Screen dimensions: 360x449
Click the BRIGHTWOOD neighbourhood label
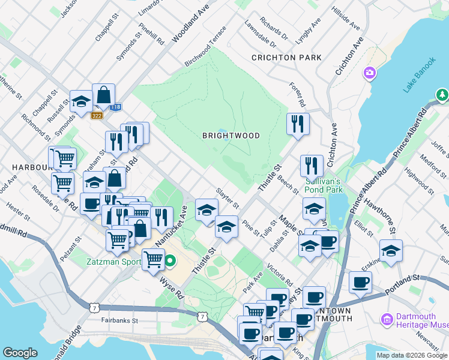(x=231, y=136)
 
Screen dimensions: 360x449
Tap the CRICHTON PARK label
(x=286, y=58)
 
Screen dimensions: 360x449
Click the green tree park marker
(x=442, y=95)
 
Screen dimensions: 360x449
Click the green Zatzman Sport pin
(x=170, y=261)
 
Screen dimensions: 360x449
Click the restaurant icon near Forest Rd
(x=298, y=124)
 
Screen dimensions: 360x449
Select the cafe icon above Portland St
(x=360, y=282)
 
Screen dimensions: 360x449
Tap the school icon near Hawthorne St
(x=391, y=251)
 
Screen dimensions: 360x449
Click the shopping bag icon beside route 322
(x=103, y=94)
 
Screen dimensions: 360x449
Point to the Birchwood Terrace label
(x=206, y=46)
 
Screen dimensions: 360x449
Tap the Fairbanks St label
(x=119, y=320)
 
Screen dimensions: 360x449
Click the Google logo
(x=20, y=353)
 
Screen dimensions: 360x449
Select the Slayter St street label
(x=228, y=197)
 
